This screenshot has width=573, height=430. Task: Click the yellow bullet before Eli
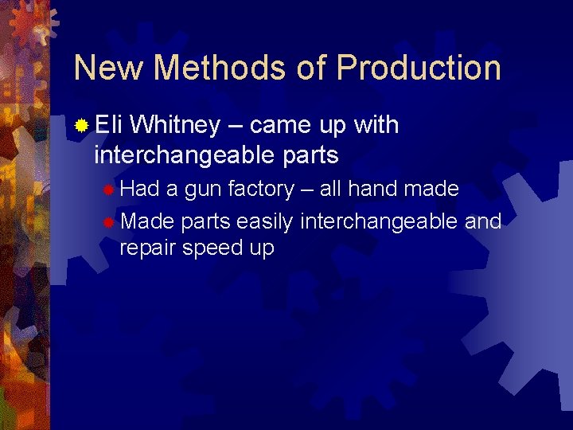pyautogui.click(x=81, y=126)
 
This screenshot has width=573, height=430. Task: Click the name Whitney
pyautogui.click(x=175, y=125)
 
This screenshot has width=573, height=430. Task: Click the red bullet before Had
pyautogui.click(x=109, y=190)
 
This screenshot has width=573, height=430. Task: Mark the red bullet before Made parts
pyautogui.click(x=109, y=221)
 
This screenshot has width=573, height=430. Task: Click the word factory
pyautogui.click(x=260, y=190)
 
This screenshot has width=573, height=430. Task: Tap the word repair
pyautogui.click(x=148, y=248)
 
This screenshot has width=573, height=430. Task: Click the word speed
pyautogui.click(x=214, y=248)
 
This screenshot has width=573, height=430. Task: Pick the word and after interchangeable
pyautogui.click(x=483, y=221)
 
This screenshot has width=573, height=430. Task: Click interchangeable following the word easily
pyautogui.click(x=378, y=221)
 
